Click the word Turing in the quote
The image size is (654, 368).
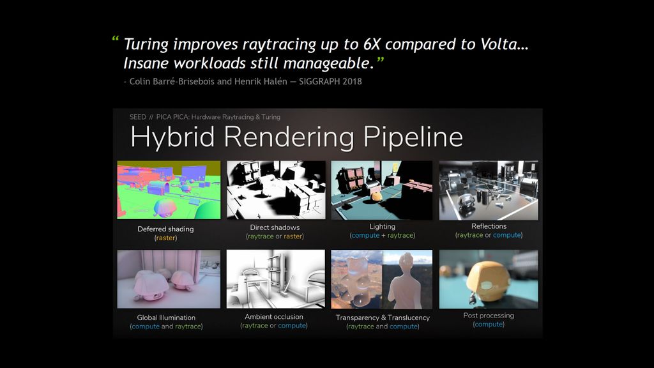(x=146, y=45)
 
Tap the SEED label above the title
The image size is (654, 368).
(x=138, y=117)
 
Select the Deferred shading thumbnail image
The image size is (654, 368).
(x=169, y=190)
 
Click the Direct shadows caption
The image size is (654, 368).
(x=275, y=227)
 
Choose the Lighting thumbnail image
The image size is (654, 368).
(x=382, y=190)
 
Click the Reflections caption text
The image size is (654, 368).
(x=489, y=226)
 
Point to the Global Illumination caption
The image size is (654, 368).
(x=166, y=318)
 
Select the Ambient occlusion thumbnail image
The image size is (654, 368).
(x=275, y=279)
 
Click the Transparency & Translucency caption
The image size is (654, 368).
(x=383, y=318)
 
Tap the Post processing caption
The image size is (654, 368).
(x=489, y=316)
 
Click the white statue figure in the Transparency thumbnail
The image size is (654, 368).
(x=405, y=281)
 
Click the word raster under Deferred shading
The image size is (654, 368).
(x=166, y=238)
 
